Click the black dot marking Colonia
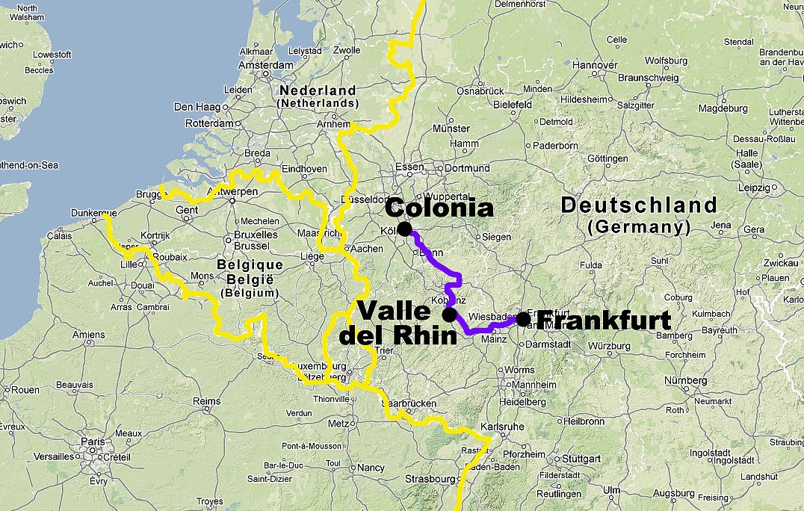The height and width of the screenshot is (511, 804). click(x=404, y=229)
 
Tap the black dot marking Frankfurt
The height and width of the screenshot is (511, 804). click(x=523, y=320)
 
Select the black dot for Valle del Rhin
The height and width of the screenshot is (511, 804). click(x=450, y=315)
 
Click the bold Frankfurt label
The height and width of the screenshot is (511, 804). click(x=604, y=320)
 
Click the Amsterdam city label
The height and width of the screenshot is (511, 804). click(x=267, y=65)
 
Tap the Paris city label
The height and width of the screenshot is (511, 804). click(x=93, y=442)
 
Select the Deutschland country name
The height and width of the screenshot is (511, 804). click(x=639, y=205)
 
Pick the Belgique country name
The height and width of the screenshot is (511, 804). click(x=250, y=265)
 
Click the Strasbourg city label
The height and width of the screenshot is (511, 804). click(x=430, y=479)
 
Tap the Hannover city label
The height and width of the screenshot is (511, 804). click(x=596, y=65)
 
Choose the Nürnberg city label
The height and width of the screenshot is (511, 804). click(x=685, y=380)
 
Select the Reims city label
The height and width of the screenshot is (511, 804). click(x=207, y=401)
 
